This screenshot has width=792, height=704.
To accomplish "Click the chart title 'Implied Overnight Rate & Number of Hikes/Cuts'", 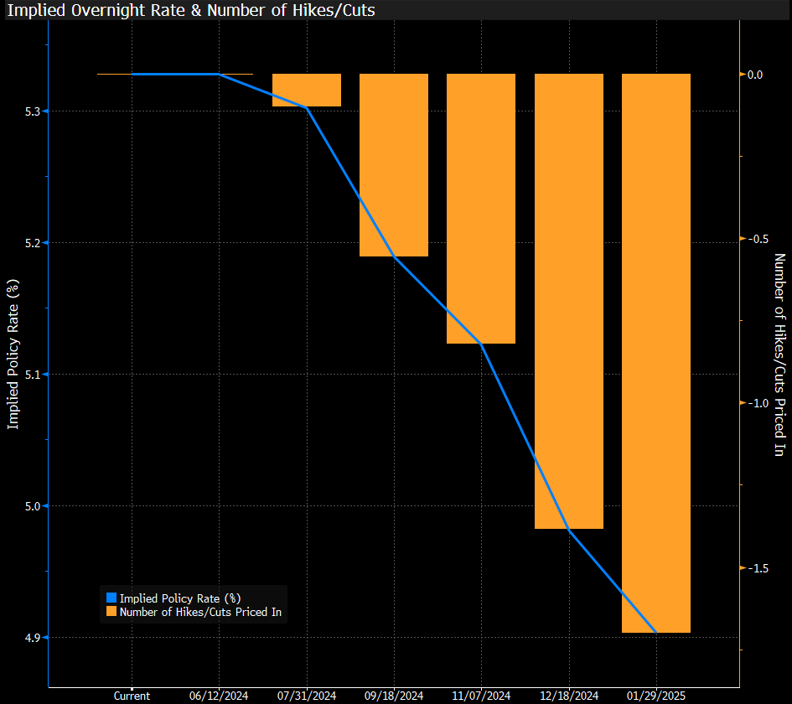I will [191, 10].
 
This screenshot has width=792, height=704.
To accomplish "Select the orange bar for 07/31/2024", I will [307, 90].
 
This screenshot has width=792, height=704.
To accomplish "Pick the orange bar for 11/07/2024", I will [481, 209].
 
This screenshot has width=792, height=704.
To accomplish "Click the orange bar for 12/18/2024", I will [569, 301].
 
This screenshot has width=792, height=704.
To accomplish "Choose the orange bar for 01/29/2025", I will [655, 353].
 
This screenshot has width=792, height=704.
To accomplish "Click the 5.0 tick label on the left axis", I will [31, 506].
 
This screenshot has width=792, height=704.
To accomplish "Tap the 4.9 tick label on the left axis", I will [31, 638].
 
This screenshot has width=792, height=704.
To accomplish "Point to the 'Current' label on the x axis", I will [132, 696].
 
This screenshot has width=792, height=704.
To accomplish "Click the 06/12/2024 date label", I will [219, 696].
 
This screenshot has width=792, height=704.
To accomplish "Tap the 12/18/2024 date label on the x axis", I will [569, 696].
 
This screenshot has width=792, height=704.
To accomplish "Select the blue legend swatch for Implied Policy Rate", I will [111, 598].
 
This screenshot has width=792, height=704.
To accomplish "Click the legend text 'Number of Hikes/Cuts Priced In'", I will [199, 613].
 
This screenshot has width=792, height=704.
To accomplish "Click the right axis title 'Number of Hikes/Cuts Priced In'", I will [779, 355].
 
